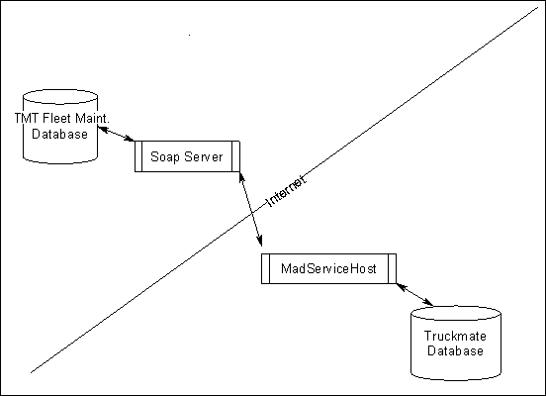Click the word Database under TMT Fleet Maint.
(59, 134)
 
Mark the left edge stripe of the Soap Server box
(138, 157)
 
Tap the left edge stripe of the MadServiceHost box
(265, 268)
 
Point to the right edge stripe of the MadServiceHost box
(392, 268)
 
